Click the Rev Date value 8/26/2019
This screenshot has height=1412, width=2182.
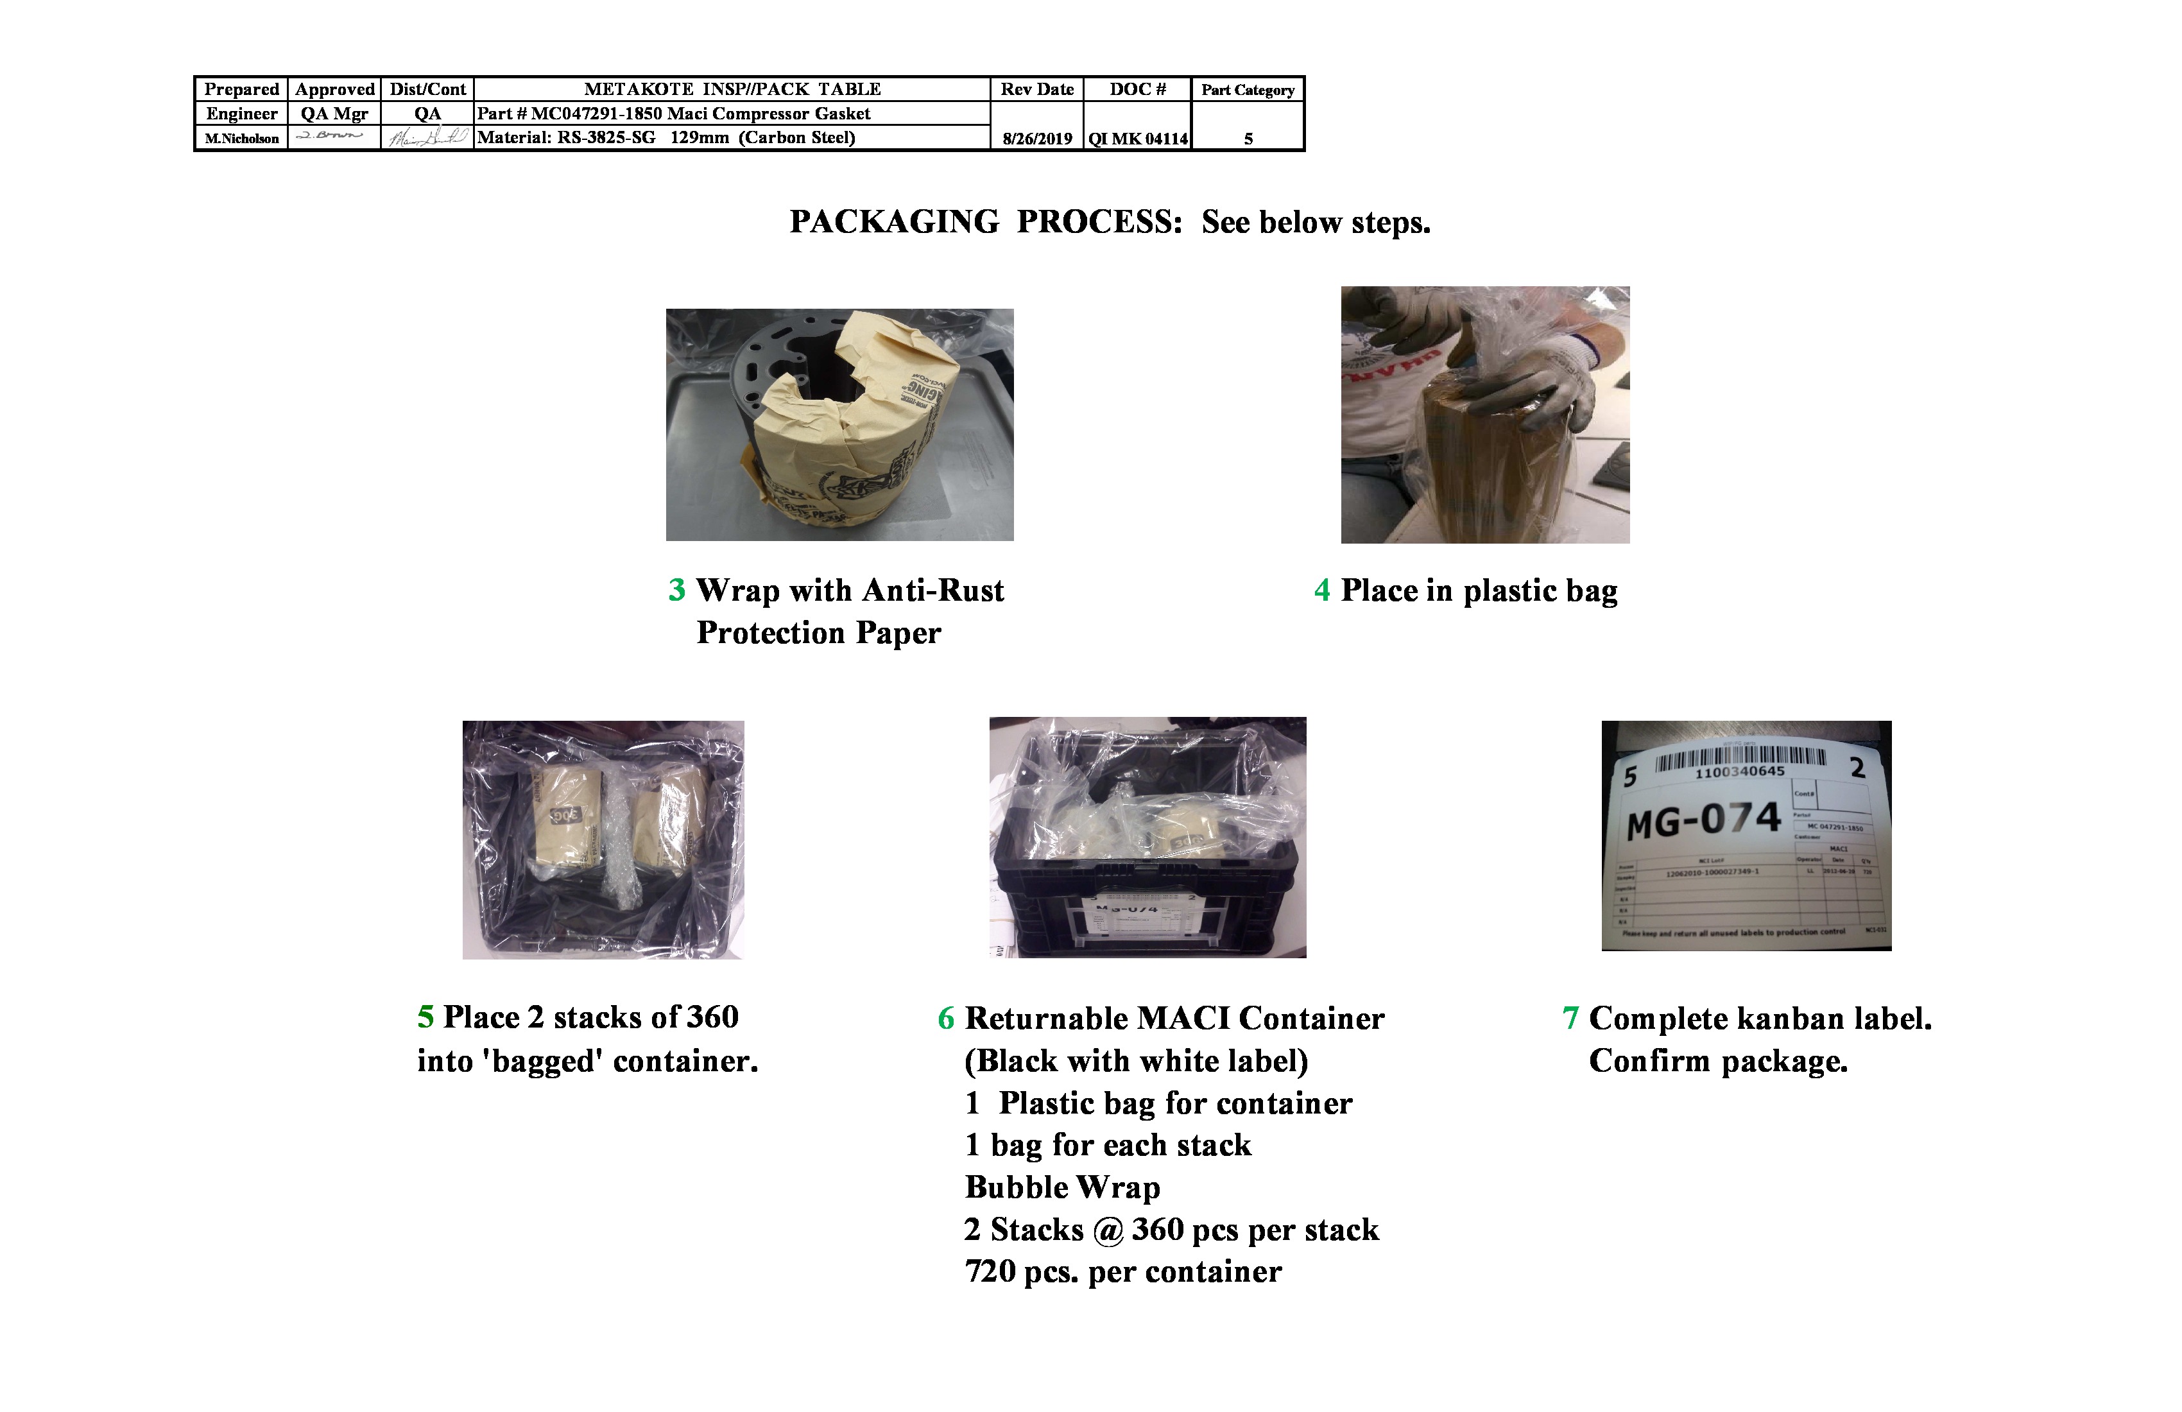1037,139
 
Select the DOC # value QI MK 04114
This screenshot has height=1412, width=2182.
1137,139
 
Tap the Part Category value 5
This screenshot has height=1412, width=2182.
1248,139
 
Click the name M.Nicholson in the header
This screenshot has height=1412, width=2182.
241,139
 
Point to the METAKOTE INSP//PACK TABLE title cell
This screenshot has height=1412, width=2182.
732,89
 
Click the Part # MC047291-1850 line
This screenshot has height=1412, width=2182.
673,114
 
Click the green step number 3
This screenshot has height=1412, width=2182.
676,590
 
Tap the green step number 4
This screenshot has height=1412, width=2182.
1321,590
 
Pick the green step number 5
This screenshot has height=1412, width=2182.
425,1017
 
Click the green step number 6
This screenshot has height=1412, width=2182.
946,1019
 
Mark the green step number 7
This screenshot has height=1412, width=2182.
1570,1019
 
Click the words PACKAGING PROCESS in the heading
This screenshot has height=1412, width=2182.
986,222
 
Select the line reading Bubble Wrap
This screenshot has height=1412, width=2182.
1061,1187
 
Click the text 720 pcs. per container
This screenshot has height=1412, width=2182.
1122,1271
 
